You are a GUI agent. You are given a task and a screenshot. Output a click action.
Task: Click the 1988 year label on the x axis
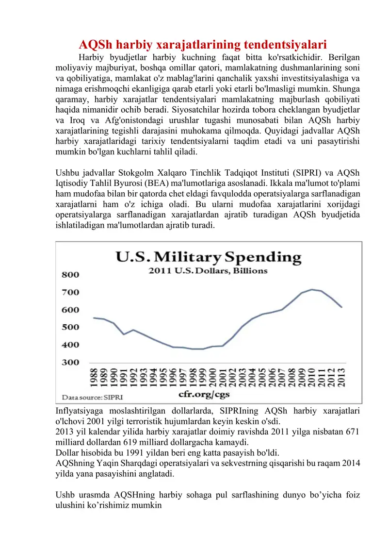point(93,380)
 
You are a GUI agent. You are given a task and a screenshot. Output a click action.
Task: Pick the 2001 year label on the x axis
point(223,380)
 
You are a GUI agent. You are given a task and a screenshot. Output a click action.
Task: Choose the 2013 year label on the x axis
point(342,380)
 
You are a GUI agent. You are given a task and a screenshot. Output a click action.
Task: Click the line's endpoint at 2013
point(342,307)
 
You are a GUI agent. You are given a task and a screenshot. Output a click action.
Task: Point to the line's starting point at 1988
point(93,318)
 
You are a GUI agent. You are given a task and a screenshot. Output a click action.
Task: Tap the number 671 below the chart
point(351,432)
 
